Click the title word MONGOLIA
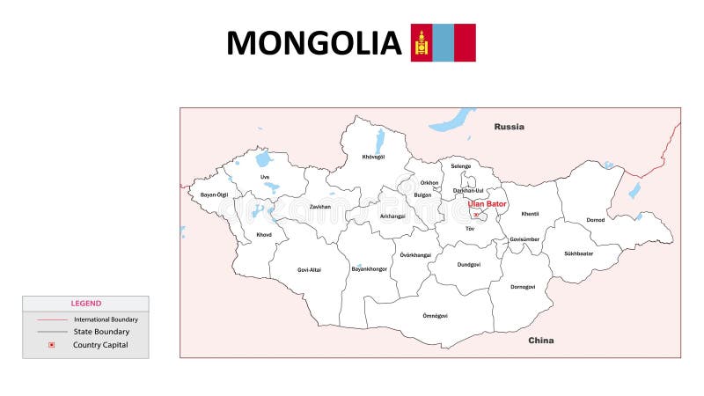[x=313, y=43]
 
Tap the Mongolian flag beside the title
[x=444, y=42]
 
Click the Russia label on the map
[x=509, y=127]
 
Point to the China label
[x=540, y=340]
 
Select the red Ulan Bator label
[x=488, y=204]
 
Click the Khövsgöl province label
[x=373, y=157]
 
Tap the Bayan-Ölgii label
[x=214, y=194]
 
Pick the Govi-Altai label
[x=309, y=269]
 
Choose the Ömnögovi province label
[x=435, y=315]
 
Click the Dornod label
[x=596, y=220]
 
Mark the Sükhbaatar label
[x=578, y=253]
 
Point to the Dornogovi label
[x=523, y=286]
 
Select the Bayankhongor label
[x=369, y=268]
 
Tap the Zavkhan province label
[x=319, y=207]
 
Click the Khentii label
[x=530, y=214]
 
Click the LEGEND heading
[x=85, y=304]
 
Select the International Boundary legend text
[x=106, y=319]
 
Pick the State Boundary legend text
[x=101, y=332]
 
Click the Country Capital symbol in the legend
[x=52, y=345]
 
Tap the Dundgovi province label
[x=469, y=264]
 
